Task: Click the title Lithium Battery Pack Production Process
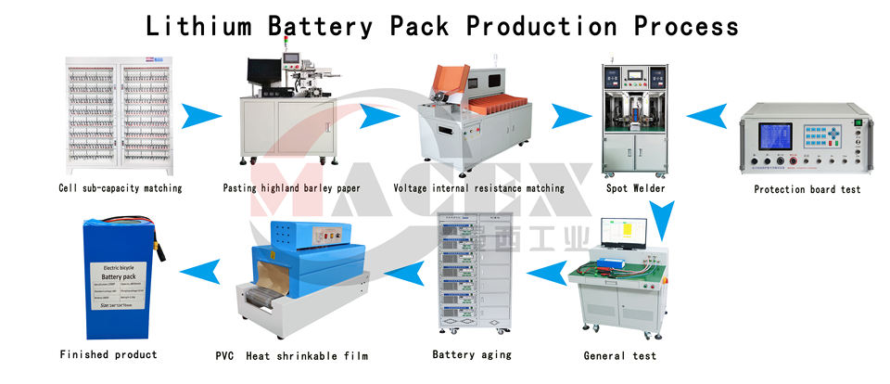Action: click(x=443, y=25)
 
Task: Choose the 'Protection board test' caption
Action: click(x=807, y=189)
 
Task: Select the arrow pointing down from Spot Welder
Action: click(x=660, y=221)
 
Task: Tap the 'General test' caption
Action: click(x=619, y=355)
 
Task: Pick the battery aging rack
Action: click(x=475, y=276)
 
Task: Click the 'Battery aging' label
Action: click(x=472, y=354)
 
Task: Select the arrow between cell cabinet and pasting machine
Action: click(x=202, y=116)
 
